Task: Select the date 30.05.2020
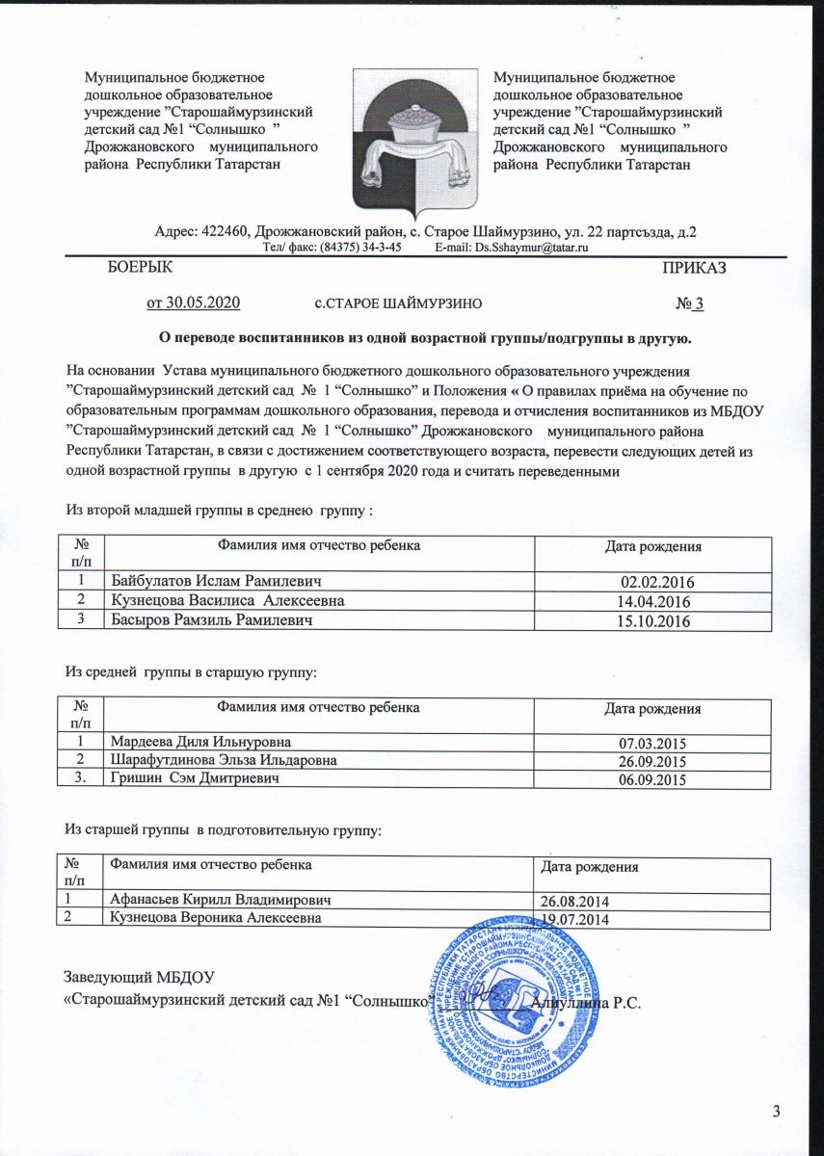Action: pos(192,302)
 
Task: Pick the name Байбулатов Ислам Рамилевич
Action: pos(215,581)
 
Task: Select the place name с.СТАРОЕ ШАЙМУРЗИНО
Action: pos(399,304)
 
